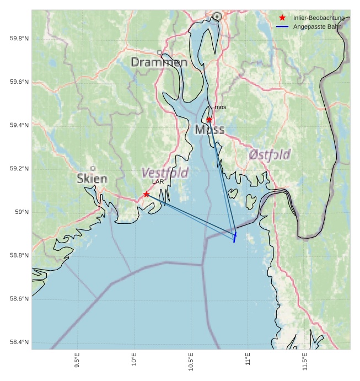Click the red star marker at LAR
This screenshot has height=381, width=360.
(146, 194)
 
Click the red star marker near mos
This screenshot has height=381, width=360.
(209, 120)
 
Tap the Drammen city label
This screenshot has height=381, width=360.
(159, 62)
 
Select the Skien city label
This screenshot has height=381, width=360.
(92, 178)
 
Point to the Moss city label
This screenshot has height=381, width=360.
(209, 130)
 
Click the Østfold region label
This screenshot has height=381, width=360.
(270, 154)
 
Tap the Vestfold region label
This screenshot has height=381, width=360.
(165, 172)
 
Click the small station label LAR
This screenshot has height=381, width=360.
(158, 181)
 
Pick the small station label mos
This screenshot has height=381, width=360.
(221, 107)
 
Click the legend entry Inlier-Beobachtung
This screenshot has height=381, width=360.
(319, 18)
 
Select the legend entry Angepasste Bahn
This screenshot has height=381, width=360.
(317, 26)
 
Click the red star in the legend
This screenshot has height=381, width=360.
(282, 18)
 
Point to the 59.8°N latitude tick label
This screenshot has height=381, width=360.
(19, 39)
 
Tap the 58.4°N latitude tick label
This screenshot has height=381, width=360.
(19, 342)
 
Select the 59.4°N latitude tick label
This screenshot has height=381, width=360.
(19, 125)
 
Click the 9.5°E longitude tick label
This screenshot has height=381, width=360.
(77, 361)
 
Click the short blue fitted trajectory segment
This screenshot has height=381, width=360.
(235, 237)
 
